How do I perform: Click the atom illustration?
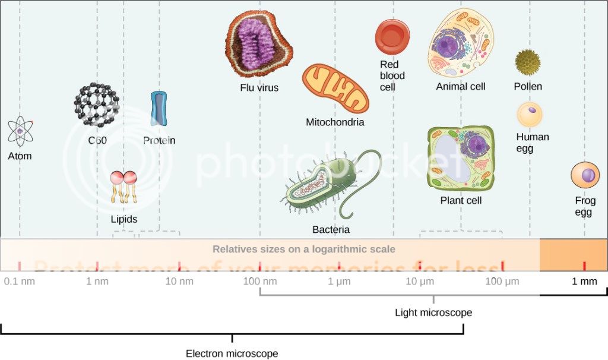pyautogui.click(x=20, y=131)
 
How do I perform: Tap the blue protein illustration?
pyautogui.click(x=159, y=109)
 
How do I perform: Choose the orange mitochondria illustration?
pyautogui.click(x=335, y=89)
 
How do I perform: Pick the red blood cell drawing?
pyautogui.click(x=392, y=35)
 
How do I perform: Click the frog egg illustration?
pyautogui.click(x=585, y=175)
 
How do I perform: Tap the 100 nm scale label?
pyautogui.click(x=260, y=281)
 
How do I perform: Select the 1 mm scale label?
pyautogui.click(x=584, y=281)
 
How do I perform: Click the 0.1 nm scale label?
pyautogui.click(x=19, y=281)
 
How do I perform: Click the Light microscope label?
pyautogui.click(x=433, y=312)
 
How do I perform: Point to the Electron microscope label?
pyautogui.click(x=232, y=353)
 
